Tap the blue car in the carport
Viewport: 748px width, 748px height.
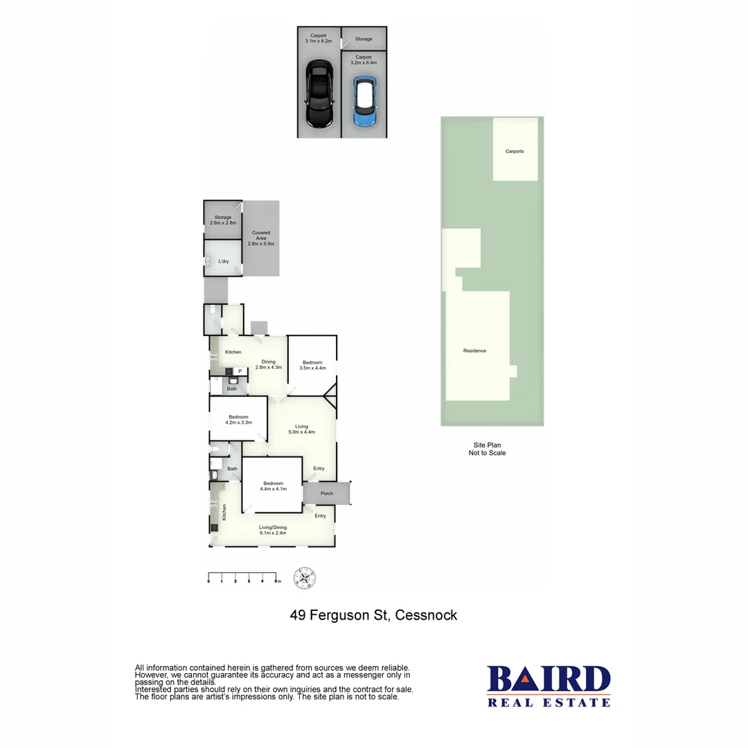point(364,101)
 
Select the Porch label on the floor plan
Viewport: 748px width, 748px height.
point(327,494)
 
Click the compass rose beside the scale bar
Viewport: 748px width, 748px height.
point(304,577)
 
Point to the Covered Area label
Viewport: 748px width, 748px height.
point(261,238)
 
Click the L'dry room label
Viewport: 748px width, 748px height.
point(224,262)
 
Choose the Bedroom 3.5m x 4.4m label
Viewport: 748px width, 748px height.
point(312,365)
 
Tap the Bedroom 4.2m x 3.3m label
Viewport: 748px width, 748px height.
point(238,419)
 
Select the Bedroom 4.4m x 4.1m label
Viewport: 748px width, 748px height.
point(272,486)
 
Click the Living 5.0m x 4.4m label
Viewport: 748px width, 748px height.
point(302,429)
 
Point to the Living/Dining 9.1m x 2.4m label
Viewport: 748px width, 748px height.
point(273,530)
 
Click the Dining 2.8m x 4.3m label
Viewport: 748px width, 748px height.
point(268,364)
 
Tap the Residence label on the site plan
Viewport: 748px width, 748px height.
point(474,350)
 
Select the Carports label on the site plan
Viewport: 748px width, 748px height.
point(515,151)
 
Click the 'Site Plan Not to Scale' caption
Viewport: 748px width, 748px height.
point(487,449)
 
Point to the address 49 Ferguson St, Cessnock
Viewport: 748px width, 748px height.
point(373,615)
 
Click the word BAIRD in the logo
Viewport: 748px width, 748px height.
point(549,679)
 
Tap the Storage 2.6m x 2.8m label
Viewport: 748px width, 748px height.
point(222,220)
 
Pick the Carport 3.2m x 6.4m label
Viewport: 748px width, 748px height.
point(364,60)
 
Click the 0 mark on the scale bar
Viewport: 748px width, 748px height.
point(208,581)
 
